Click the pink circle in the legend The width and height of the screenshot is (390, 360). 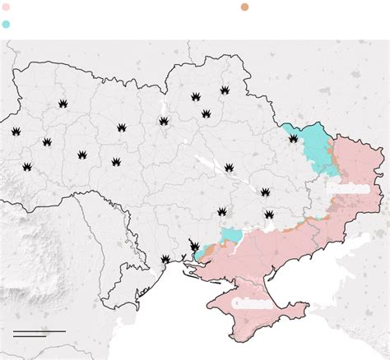7,7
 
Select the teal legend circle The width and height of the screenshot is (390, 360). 7,24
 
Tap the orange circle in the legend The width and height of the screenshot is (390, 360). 245,7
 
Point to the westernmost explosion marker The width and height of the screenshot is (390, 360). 16,132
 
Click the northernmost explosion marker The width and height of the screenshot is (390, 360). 224,90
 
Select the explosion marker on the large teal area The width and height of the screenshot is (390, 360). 294,139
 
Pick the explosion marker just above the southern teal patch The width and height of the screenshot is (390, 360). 223,212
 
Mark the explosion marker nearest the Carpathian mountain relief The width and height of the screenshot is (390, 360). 27,166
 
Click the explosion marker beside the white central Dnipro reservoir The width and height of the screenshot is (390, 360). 228,167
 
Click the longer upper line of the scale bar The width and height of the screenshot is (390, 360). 39,331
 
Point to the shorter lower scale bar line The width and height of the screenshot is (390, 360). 30,335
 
